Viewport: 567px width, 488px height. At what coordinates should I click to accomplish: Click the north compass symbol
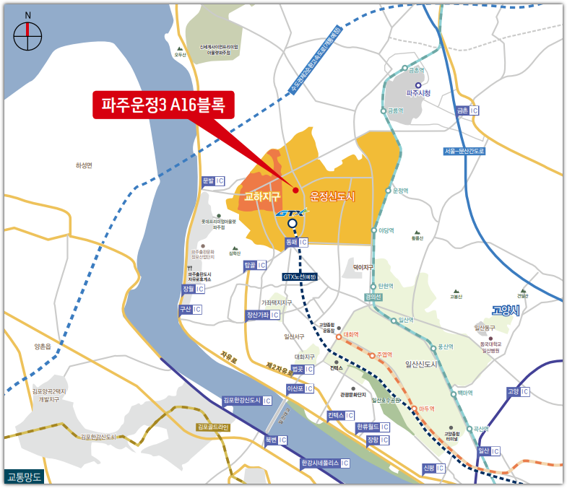point(28,35)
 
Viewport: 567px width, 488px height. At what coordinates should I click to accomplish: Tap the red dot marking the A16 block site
point(295,190)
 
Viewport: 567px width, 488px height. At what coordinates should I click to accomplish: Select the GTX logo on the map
point(291,213)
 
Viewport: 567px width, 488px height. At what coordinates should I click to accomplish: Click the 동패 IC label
point(297,243)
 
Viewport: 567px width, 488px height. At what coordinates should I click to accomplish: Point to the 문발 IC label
point(213,180)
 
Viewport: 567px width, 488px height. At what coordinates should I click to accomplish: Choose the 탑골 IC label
point(255,265)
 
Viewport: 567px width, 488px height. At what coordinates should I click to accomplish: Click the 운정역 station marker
point(389,191)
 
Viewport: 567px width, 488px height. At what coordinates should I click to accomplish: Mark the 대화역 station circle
point(337,336)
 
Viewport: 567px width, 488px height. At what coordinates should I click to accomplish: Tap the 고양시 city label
point(506,310)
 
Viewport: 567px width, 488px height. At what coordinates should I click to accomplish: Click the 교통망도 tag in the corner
point(25,476)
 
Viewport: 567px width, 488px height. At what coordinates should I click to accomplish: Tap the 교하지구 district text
point(262,196)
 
